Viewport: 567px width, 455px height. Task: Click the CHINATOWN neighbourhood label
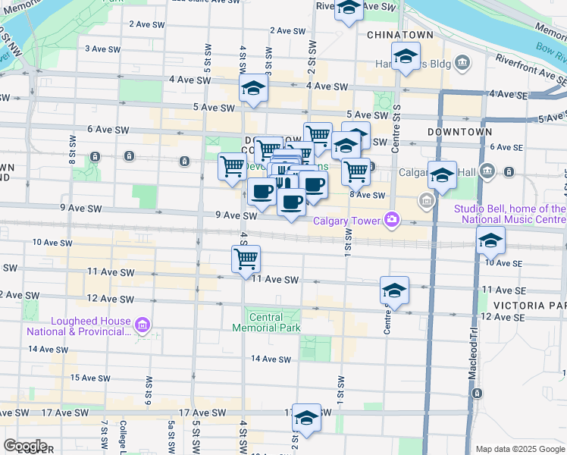(399, 35)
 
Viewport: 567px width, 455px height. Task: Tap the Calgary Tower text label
(348, 221)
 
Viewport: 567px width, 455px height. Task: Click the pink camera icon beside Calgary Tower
(392, 220)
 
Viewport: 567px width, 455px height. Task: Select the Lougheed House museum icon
(142, 326)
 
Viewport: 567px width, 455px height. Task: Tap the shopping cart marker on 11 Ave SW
(246, 259)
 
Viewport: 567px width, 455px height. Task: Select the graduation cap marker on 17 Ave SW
(306, 417)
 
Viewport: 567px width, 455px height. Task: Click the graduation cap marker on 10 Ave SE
(491, 240)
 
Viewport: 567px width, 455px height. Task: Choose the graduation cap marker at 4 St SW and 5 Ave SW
(253, 88)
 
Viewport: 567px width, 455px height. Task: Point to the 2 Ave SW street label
(148, 24)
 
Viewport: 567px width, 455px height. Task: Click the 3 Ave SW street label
(103, 49)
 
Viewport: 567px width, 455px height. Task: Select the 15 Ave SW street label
(86, 377)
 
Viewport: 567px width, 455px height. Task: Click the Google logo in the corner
(26, 446)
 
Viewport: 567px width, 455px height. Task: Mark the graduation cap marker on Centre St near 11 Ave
(394, 290)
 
